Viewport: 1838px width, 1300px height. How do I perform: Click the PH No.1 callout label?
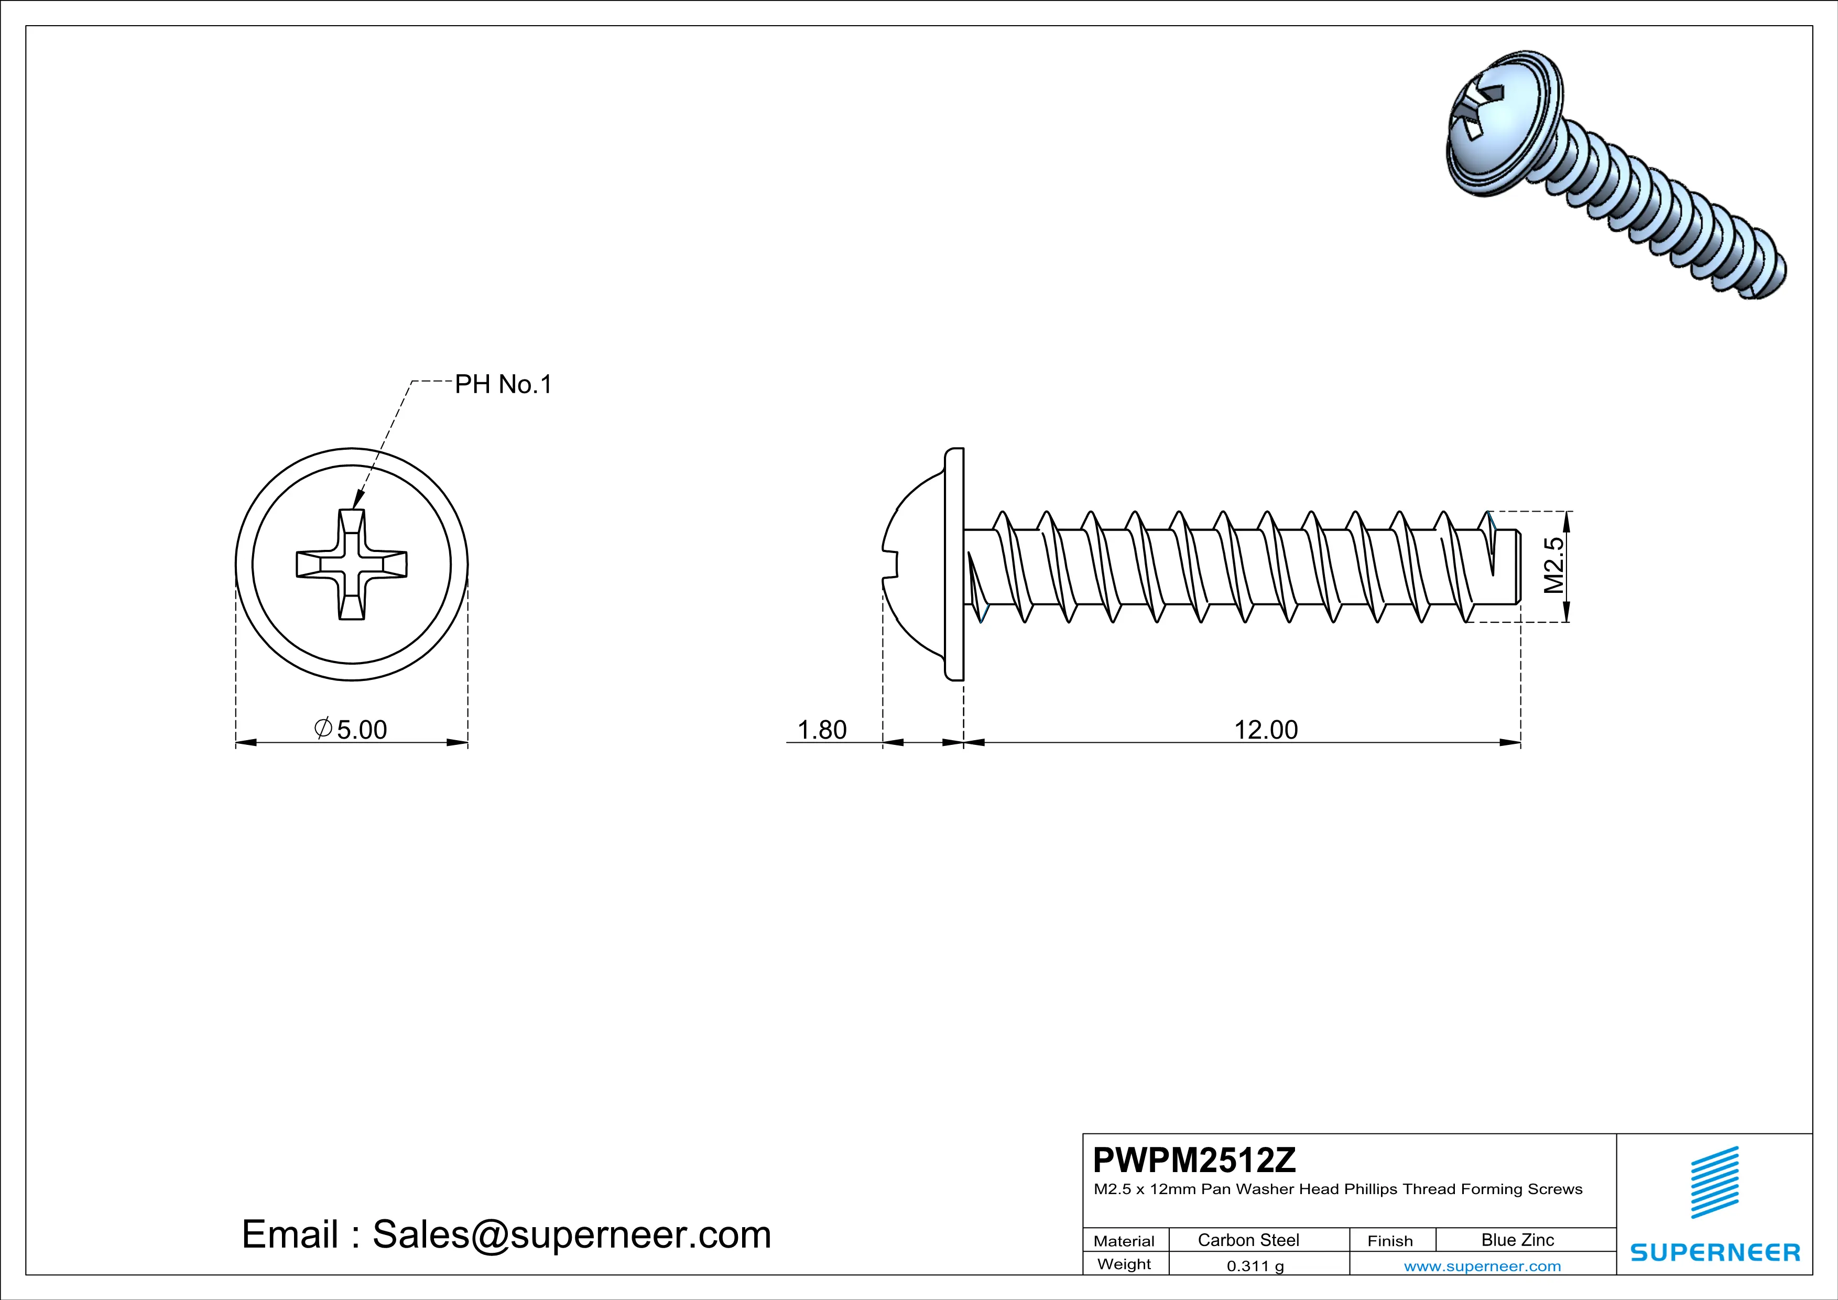pos(503,385)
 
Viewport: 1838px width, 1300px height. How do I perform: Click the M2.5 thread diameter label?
pos(1553,565)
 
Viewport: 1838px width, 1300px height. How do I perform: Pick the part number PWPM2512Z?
pos(1194,1160)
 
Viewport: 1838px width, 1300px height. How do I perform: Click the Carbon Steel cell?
pos(1248,1240)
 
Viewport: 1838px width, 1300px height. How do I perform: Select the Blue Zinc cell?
pos(1517,1240)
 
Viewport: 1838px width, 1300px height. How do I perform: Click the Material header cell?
pos(1124,1241)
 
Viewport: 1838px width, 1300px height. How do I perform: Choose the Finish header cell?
pos(1390,1241)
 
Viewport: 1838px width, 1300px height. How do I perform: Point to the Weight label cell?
pos(1124,1264)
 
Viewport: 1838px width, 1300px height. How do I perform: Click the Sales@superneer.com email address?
pos(572,1234)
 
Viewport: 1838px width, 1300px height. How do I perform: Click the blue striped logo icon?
pos(1715,1183)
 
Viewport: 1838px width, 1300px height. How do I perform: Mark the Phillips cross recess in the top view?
pos(352,565)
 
